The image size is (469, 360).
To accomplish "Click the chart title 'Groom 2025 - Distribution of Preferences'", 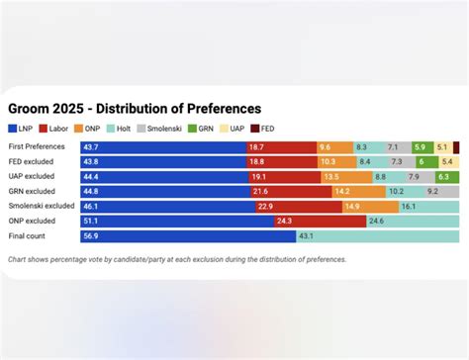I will [135, 108].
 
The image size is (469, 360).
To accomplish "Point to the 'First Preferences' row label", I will [37, 146].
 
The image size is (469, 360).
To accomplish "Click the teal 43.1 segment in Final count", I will [376, 236].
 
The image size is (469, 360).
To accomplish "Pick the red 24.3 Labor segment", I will [312, 222].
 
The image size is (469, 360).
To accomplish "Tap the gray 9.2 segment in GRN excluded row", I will [432, 192].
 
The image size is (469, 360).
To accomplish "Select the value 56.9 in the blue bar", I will [90, 236].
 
